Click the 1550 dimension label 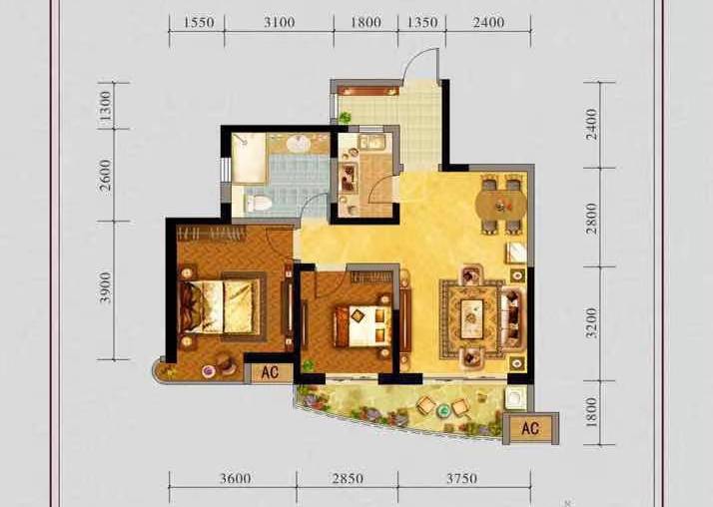point(198,22)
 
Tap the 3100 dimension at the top point(280,22)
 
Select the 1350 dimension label point(422,22)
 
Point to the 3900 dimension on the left point(105,287)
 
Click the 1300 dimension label point(105,106)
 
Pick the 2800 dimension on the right point(591,218)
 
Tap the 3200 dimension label point(591,323)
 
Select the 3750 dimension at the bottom point(461,478)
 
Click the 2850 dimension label point(348,478)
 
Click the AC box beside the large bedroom point(270,372)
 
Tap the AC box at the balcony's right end point(530,428)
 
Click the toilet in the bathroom point(257,203)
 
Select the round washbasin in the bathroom point(299,145)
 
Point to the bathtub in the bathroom point(249,158)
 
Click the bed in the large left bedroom point(219,306)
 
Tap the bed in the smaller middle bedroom point(362,325)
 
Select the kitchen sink point(371,142)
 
